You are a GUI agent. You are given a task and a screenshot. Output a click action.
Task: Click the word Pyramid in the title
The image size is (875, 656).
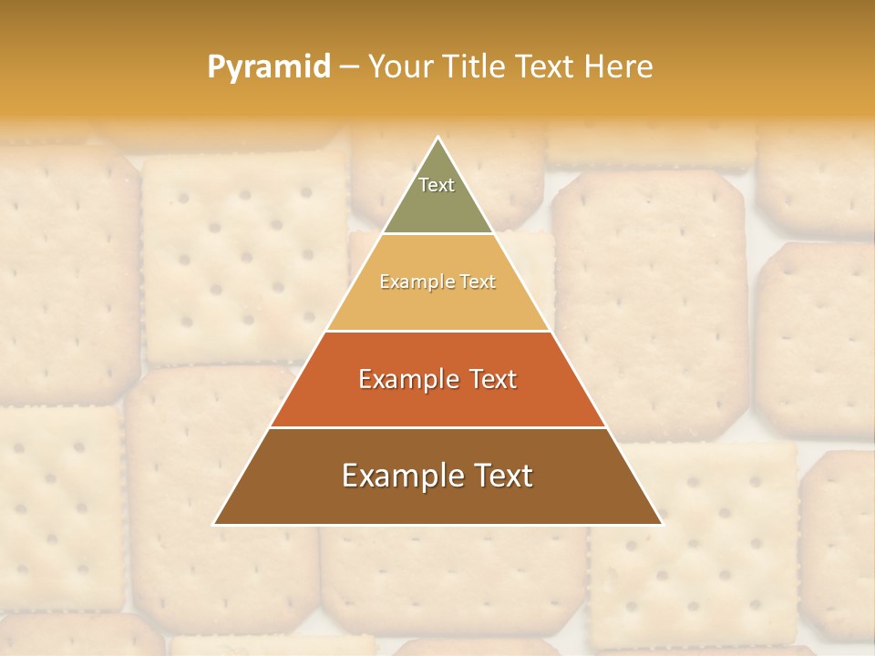pos(268,67)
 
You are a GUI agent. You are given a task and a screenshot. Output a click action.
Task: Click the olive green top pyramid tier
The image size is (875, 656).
pos(437,205)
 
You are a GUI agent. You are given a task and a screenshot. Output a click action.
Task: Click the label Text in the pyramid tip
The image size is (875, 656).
pos(437,185)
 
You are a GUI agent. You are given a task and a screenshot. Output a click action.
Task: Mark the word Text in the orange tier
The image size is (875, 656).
pos(493,379)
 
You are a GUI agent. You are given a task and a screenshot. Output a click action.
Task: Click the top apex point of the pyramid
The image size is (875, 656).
pos(437,138)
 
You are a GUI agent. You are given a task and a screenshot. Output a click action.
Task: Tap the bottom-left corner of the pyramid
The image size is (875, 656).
pos(214,524)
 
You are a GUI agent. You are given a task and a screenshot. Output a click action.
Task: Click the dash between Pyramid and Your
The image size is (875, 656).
pos(349,67)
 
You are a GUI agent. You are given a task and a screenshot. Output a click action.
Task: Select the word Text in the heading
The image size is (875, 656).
pos(545,67)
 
